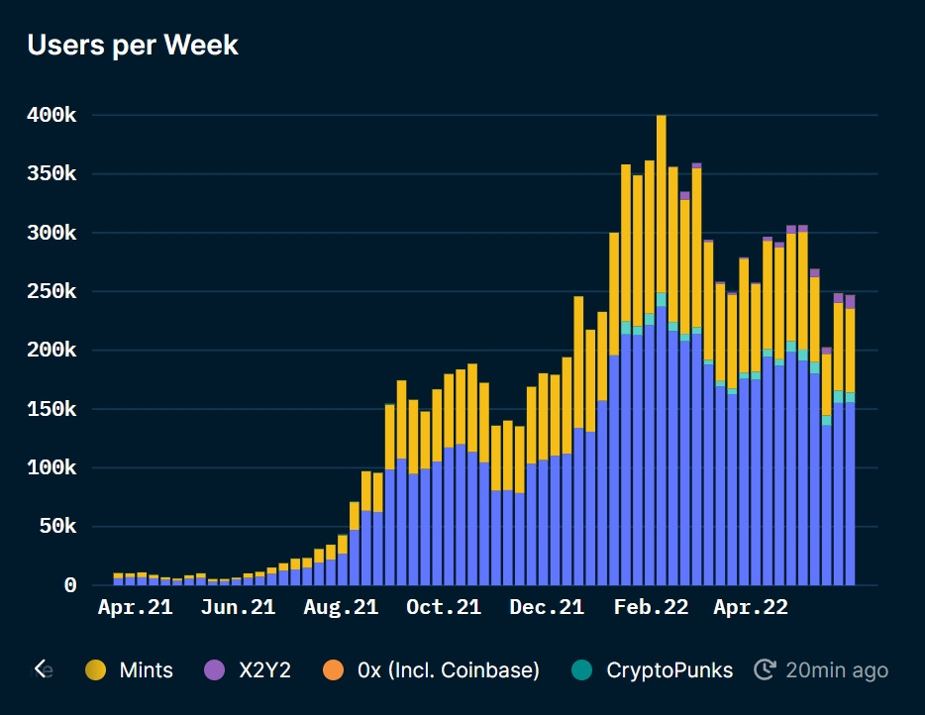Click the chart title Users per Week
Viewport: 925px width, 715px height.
(x=133, y=45)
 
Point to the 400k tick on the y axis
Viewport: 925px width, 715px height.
(x=51, y=116)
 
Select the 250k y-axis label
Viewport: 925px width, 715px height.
(x=51, y=292)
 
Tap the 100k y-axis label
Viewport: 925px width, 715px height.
(x=51, y=467)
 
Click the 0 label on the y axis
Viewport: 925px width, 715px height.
(x=70, y=585)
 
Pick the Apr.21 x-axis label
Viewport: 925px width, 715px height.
(x=135, y=607)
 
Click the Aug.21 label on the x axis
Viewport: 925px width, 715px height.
(x=341, y=607)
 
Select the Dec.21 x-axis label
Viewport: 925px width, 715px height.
(x=547, y=607)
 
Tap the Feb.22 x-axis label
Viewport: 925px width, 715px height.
(x=650, y=607)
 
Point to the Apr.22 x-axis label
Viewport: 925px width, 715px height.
(x=751, y=607)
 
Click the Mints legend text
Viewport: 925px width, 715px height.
(x=146, y=670)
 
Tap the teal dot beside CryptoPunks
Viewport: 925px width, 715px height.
(x=582, y=670)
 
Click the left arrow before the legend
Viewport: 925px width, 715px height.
(x=41, y=669)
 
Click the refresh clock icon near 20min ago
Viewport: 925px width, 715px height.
(x=765, y=670)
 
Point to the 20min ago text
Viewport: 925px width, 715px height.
(x=836, y=670)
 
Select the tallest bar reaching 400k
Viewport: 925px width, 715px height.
(x=661, y=347)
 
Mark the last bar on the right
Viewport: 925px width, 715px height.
(x=850, y=446)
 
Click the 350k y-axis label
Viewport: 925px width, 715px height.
(x=51, y=174)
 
